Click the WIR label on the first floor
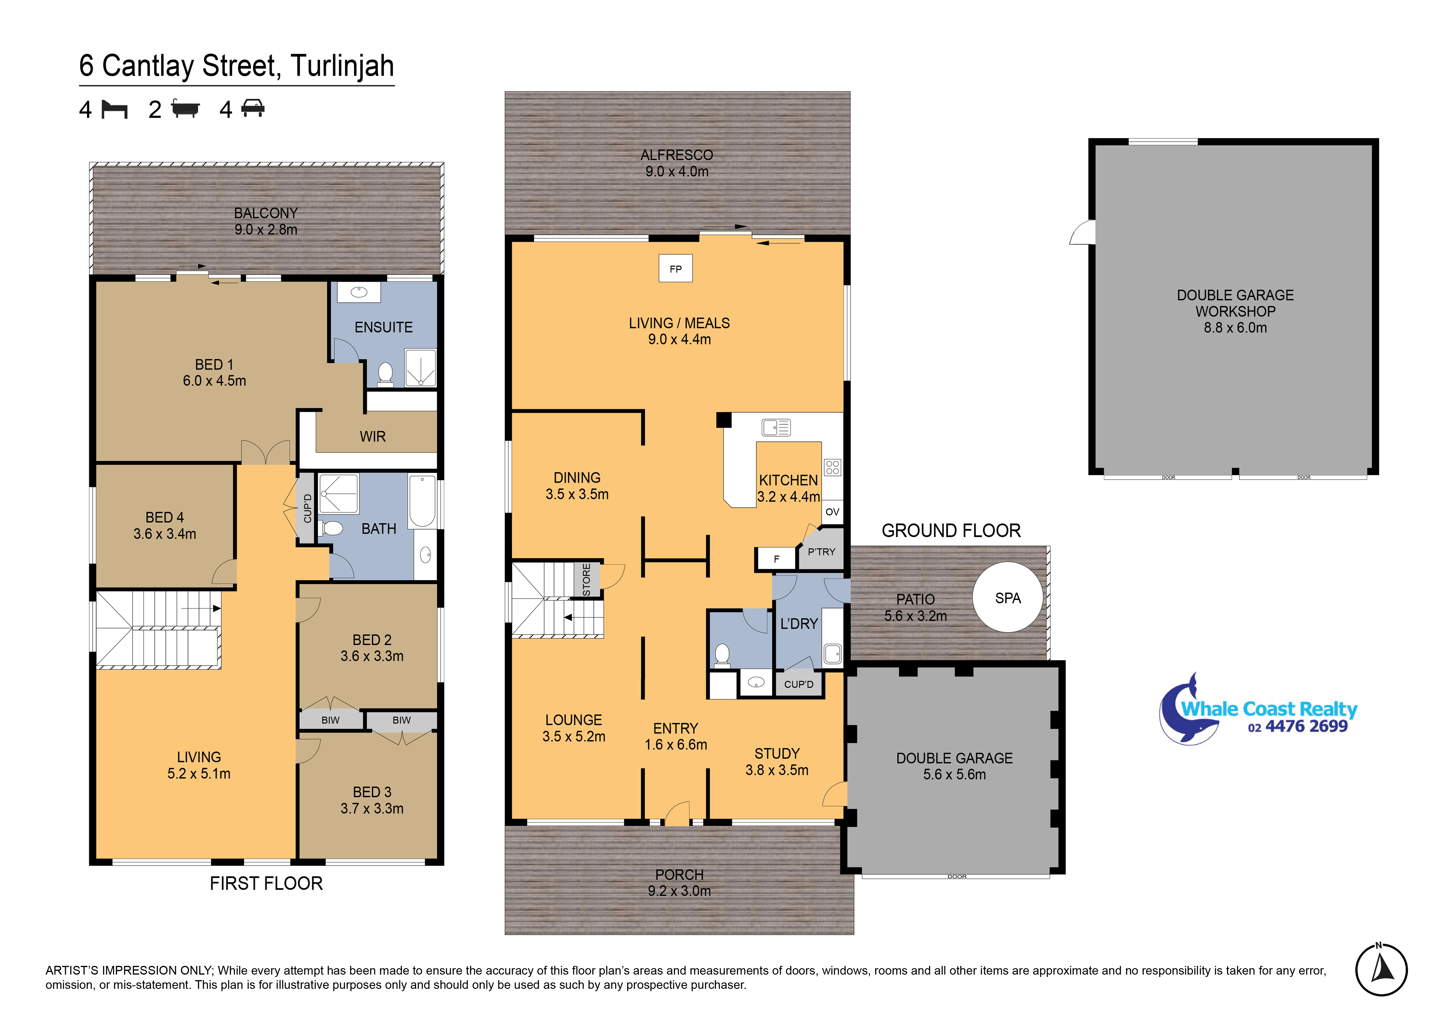(x=373, y=436)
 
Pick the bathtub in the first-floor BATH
(x=422, y=501)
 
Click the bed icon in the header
(x=114, y=109)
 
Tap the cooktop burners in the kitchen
(x=832, y=468)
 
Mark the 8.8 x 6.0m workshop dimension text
(x=1235, y=328)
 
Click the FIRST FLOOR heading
(x=266, y=883)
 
